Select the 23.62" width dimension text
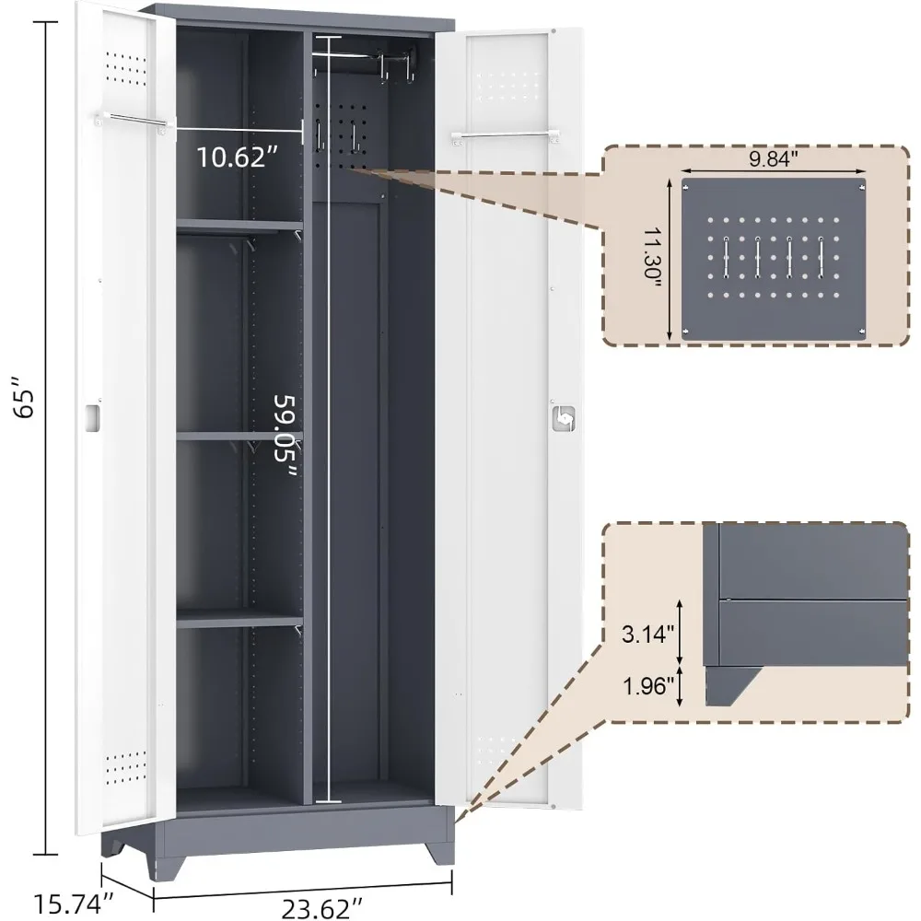pyautogui.click(x=322, y=908)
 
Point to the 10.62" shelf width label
pyautogui.click(x=237, y=157)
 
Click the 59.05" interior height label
pyautogui.click(x=286, y=436)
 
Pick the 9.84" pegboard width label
pyautogui.click(x=773, y=158)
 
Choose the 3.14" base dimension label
pyautogui.click(x=647, y=634)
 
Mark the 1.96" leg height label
pyautogui.click(x=647, y=685)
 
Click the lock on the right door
pyautogui.click(x=564, y=418)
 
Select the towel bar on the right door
pyautogui.click(x=505, y=137)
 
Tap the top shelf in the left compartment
pyautogui.click(x=239, y=226)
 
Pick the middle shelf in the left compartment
pyautogui.click(x=239, y=436)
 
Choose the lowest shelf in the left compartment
pyautogui.click(x=239, y=619)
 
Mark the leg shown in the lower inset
pyautogui.click(x=729, y=685)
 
